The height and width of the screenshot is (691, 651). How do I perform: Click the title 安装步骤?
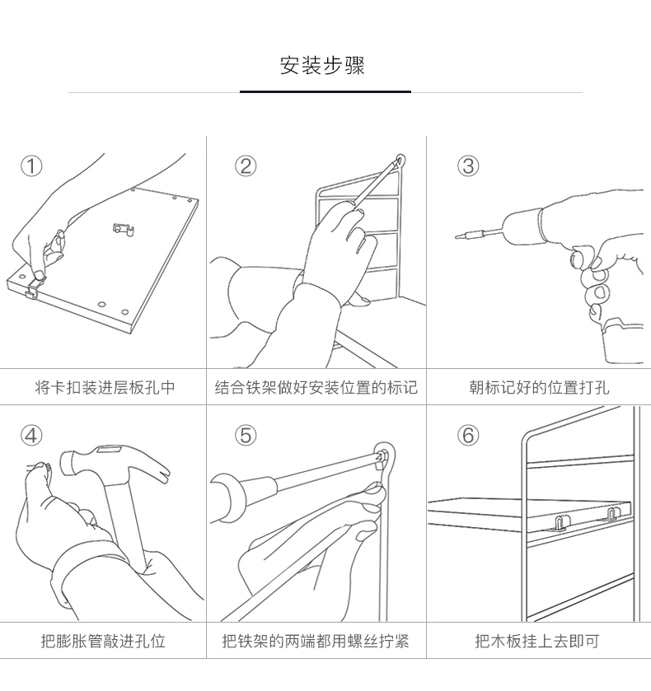click(x=323, y=66)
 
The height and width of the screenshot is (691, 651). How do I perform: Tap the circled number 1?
click(x=31, y=166)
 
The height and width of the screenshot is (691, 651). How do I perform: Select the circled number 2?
click(x=246, y=166)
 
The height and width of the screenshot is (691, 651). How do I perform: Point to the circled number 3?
click(x=468, y=166)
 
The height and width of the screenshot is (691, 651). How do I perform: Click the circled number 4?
click(x=31, y=436)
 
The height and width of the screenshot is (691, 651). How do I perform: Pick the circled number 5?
click(x=246, y=436)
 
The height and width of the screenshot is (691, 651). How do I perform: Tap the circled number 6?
click(x=468, y=436)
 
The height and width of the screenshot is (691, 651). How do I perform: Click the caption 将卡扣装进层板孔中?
click(x=105, y=387)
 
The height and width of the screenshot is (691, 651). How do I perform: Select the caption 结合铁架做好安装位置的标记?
click(x=316, y=387)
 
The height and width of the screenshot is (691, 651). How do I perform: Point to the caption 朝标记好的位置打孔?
click(x=538, y=387)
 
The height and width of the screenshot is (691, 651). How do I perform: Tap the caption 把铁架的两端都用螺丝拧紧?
click(x=316, y=641)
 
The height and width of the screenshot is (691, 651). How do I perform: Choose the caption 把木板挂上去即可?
click(x=537, y=641)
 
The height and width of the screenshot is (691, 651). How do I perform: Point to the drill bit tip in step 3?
click(x=458, y=237)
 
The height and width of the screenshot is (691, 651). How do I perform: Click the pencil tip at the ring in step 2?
click(x=400, y=159)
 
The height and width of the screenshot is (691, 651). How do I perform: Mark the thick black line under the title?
click(x=325, y=92)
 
